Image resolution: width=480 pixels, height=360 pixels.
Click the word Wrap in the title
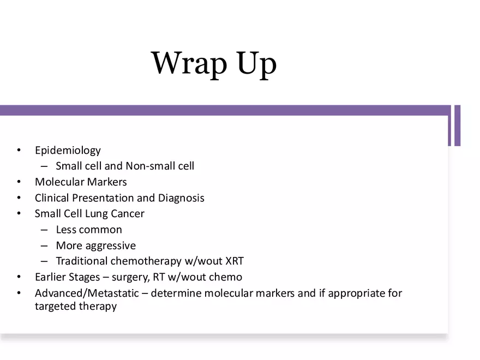click(189, 64)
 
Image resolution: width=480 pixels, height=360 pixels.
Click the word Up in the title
click(256, 64)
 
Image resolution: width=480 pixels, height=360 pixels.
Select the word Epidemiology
click(68, 151)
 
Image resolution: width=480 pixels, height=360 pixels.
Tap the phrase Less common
click(89, 230)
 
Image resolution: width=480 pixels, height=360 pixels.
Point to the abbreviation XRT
click(235, 261)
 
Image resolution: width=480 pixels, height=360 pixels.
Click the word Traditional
click(82, 261)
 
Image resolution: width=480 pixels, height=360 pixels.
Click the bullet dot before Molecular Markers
click(20, 182)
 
